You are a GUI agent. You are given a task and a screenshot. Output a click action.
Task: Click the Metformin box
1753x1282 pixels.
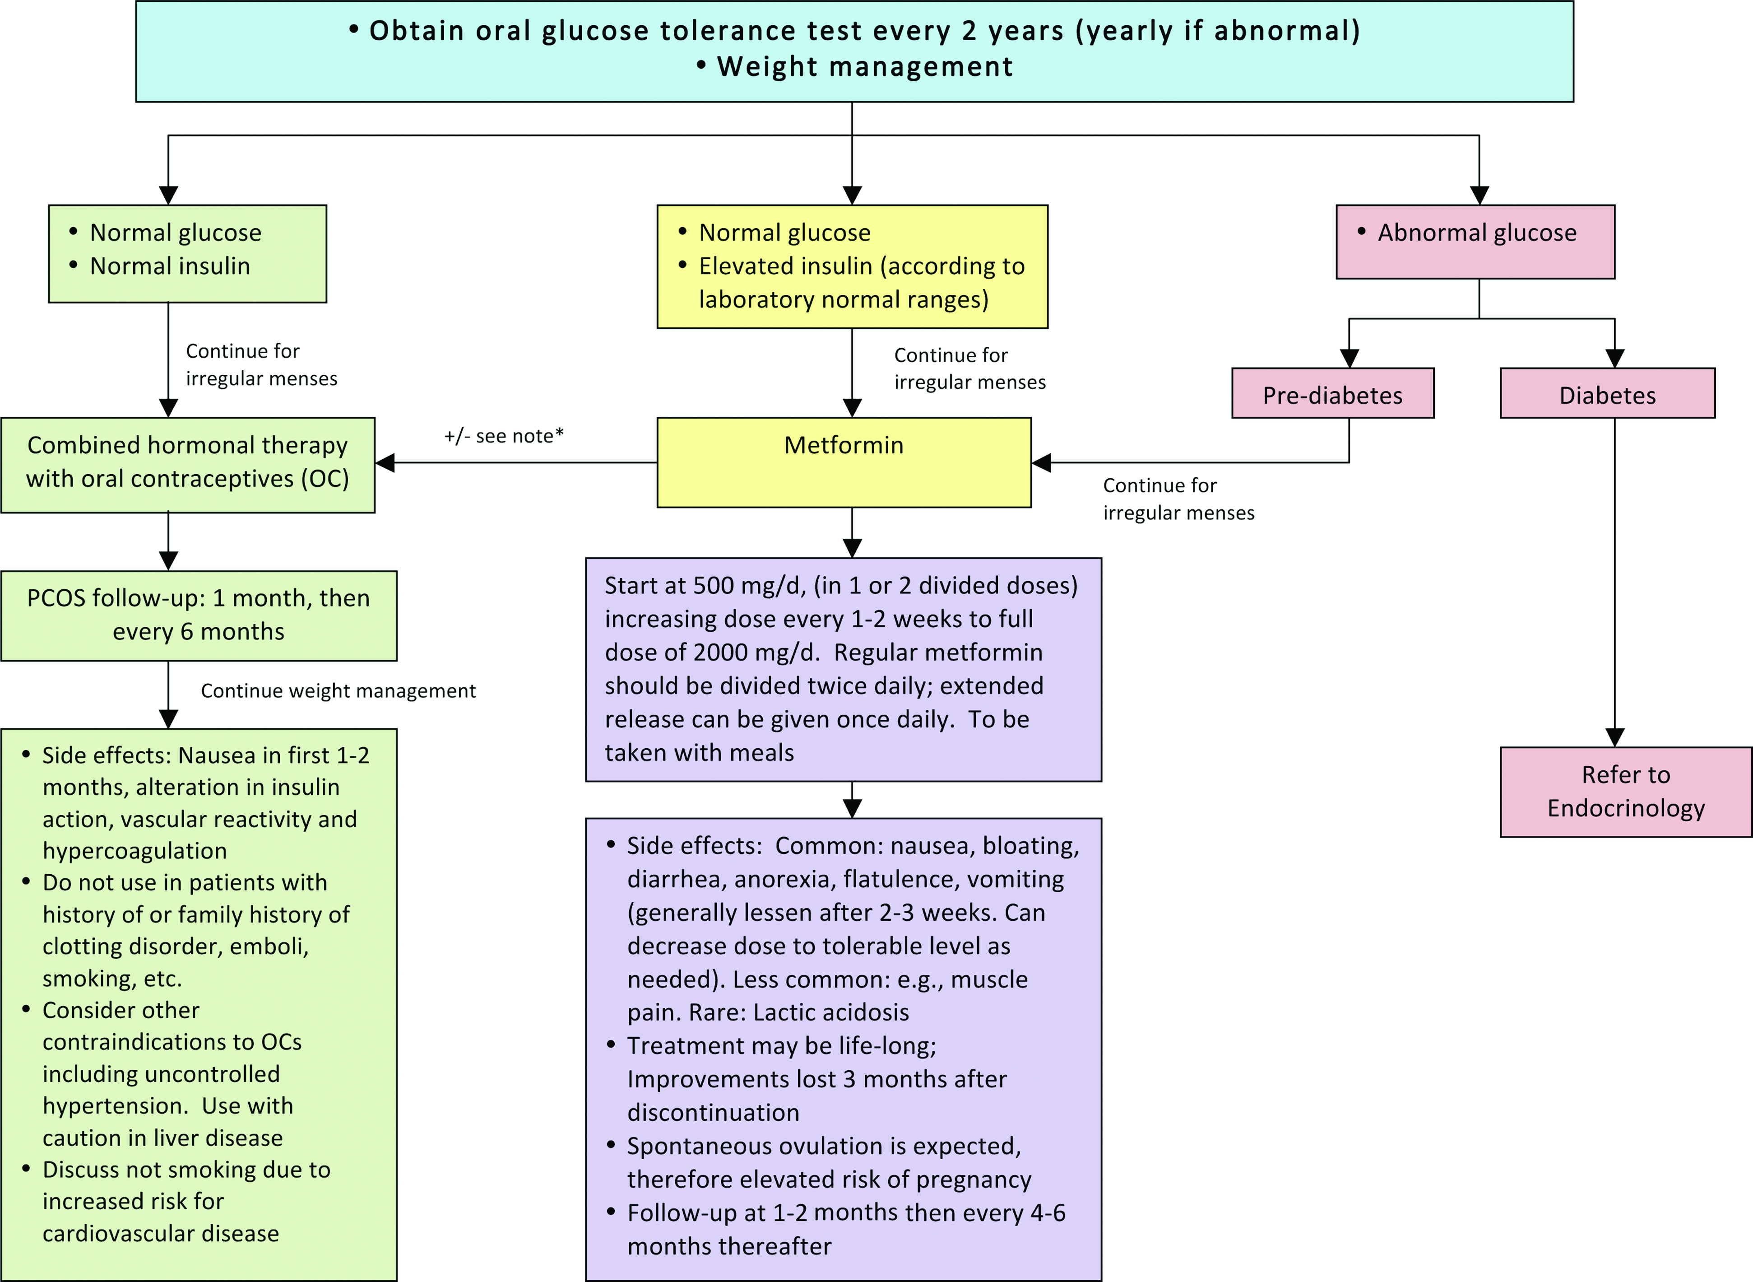click(x=844, y=462)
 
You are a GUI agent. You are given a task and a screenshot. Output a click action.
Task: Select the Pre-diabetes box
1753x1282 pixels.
click(x=1333, y=393)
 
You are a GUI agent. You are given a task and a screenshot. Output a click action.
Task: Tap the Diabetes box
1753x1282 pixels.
click(x=1607, y=393)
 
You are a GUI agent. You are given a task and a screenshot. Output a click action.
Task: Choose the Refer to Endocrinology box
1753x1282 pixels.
click(x=1626, y=792)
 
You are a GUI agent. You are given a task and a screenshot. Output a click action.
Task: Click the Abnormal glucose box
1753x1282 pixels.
click(x=1475, y=241)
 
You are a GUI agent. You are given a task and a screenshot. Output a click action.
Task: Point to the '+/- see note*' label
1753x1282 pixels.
click(x=503, y=436)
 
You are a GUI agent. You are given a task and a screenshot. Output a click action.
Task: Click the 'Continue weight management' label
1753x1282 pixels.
click(x=338, y=690)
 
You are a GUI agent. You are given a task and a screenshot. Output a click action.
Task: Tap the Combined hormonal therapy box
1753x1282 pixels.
click(x=188, y=465)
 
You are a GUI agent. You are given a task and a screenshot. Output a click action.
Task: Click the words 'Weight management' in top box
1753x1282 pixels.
click(x=865, y=67)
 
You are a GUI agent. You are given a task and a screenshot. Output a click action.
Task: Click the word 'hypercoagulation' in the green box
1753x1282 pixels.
click(x=134, y=851)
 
